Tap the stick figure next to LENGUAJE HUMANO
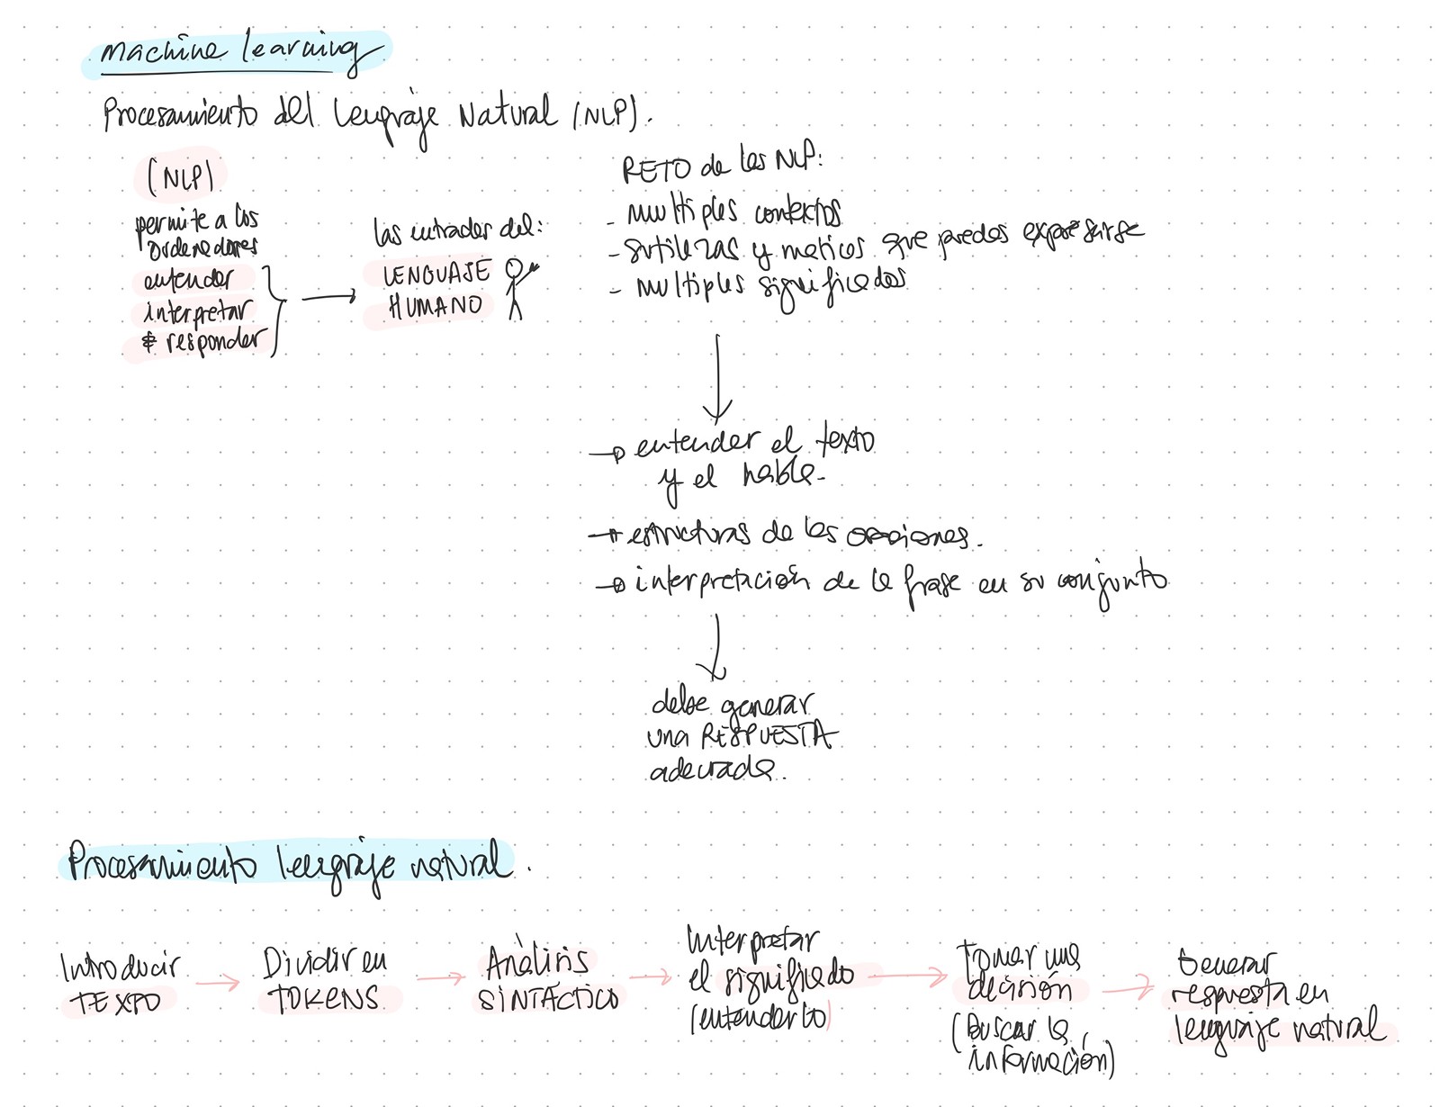(x=517, y=286)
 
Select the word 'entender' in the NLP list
(x=187, y=280)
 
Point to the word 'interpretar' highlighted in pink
(x=196, y=312)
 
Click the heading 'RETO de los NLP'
(x=720, y=165)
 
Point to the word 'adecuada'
(x=711, y=770)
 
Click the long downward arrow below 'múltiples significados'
(x=717, y=378)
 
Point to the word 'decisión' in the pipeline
(x=1019, y=989)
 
